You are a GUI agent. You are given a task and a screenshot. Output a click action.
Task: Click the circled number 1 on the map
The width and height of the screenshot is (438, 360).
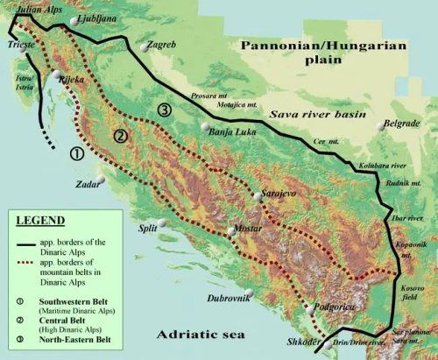click(76, 152)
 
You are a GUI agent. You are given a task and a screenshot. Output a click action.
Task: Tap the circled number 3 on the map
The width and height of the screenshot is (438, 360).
click(164, 109)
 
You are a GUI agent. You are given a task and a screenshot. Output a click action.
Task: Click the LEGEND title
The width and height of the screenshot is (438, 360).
click(41, 220)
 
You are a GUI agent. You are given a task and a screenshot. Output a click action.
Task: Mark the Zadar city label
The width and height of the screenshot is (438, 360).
click(88, 185)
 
